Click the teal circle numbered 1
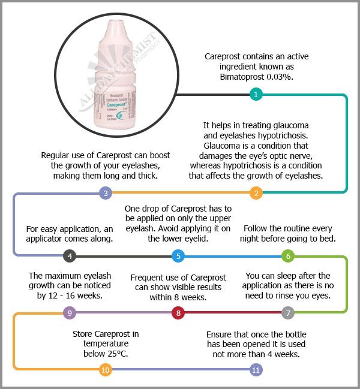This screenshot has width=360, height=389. (256, 94)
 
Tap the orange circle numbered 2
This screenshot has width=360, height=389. (256, 193)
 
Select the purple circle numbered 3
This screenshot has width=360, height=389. (106, 193)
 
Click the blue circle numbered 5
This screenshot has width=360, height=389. (178, 257)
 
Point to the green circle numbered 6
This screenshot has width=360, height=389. (289, 257)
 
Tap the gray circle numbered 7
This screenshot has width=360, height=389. (289, 313)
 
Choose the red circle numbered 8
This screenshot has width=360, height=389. (178, 313)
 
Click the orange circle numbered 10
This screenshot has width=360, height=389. (106, 370)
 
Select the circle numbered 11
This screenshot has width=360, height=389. (256, 370)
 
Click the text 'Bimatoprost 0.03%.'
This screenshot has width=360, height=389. (256, 78)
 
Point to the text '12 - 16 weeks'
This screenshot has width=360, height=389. (77, 295)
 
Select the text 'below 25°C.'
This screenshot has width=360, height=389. (106, 354)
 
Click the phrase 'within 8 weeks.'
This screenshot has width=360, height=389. (178, 297)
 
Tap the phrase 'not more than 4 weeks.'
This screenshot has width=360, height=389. (257, 354)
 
